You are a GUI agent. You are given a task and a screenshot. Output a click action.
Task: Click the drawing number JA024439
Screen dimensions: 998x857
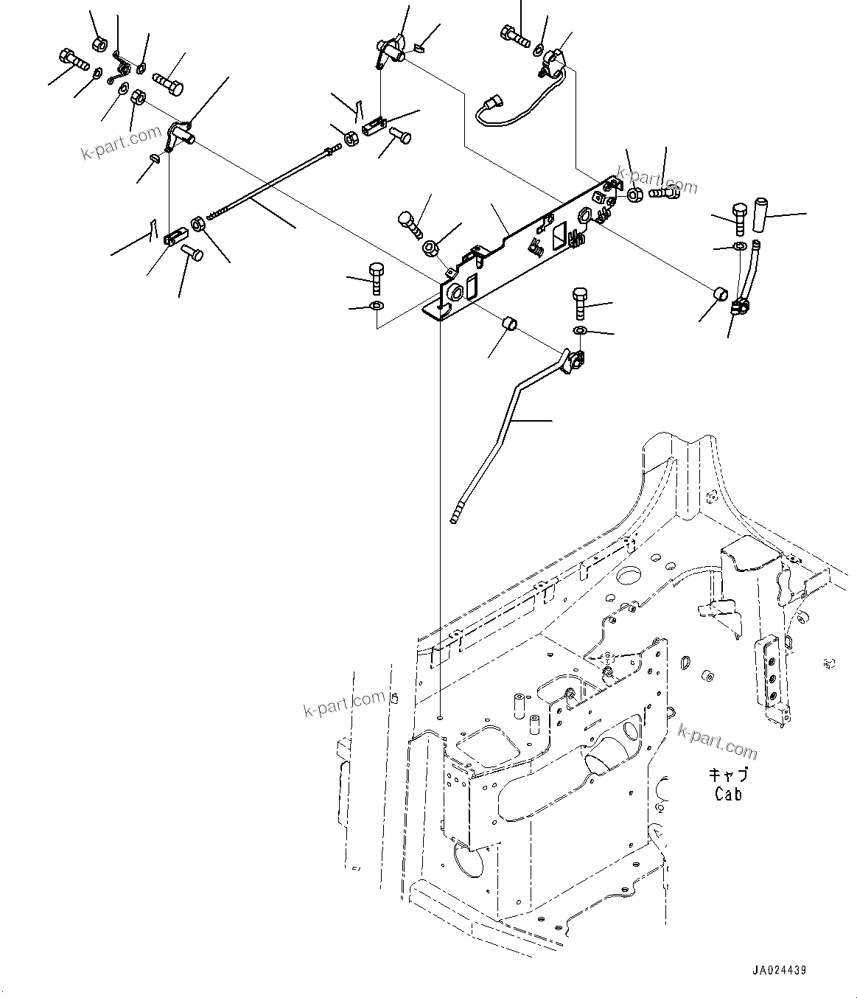[780, 971]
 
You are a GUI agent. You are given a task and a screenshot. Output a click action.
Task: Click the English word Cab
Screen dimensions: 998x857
[728, 794]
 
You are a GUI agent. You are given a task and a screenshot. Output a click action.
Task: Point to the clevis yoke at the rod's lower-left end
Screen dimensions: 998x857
[173, 237]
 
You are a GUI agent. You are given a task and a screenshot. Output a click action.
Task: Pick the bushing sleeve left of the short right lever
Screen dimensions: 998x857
[722, 296]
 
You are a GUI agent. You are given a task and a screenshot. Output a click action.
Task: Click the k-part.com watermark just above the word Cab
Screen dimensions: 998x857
[717, 740]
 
